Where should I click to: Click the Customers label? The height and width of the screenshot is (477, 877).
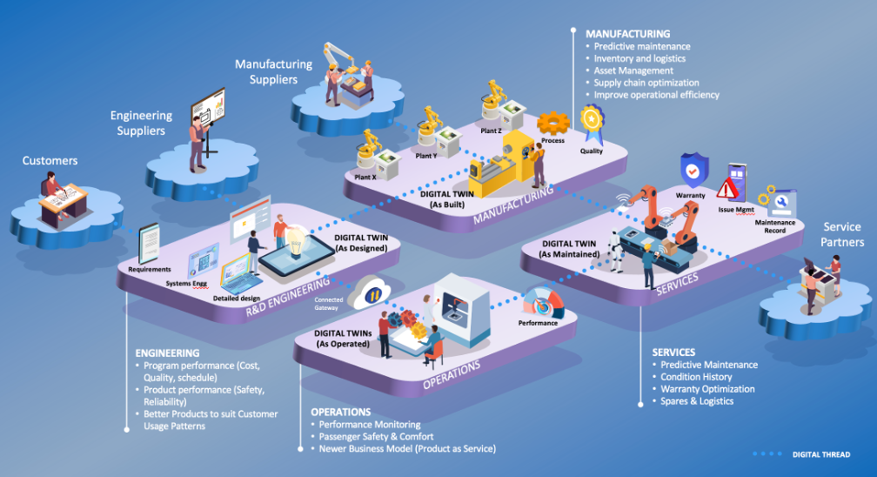pyautogui.click(x=50, y=160)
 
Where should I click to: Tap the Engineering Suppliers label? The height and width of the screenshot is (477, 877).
pyautogui.click(x=141, y=123)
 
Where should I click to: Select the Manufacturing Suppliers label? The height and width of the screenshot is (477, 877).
pyautogui.click(x=272, y=71)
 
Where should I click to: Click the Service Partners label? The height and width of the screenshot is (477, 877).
pyautogui.click(x=842, y=234)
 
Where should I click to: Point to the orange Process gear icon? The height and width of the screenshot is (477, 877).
pyautogui.click(x=552, y=123)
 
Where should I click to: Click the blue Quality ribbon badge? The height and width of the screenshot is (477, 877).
pyautogui.click(x=592, y=123)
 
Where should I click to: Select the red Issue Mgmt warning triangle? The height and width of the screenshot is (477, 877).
pyautogui.click(x=727, y=187)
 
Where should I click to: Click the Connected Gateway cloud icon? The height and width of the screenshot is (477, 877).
pyautogui.click(x=368, y=292)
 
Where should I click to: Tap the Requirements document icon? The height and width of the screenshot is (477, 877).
pyautogui.click(x=149, y=244)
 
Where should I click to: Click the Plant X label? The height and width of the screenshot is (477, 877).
pyautogui.click(x=365, y=177)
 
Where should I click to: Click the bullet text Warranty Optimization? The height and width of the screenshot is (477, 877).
pyautogui.click(x=707, y=389)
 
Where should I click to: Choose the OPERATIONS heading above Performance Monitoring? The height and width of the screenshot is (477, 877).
pyautogui.click(x=341, y=412)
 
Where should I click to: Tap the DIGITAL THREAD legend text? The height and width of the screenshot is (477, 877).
pyautogui.click(x=820, y=453)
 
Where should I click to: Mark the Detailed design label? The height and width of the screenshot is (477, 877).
pyautogui.click(x=238, y=299)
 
